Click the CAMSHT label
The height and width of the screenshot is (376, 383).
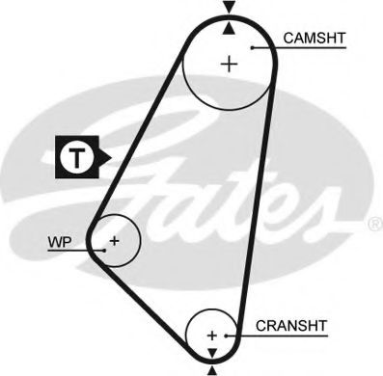click(x=315, y=40)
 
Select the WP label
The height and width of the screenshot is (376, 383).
click(x=60, y=242)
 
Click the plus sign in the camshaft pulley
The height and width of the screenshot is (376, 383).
click(x=229, y=65)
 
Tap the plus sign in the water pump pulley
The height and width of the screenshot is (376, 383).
click(x=114, y=239)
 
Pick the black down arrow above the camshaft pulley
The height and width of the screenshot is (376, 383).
click(x=229, y=9)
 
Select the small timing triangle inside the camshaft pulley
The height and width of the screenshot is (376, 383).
click(x=229, y=29)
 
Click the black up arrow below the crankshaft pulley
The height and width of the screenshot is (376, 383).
click(x=212, y=369)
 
